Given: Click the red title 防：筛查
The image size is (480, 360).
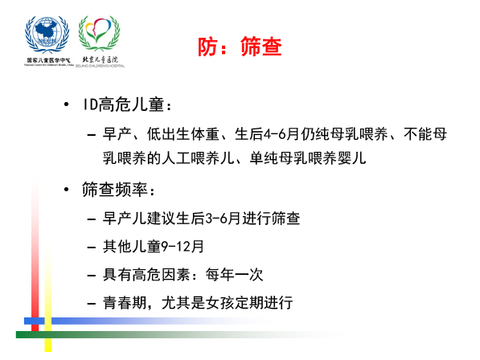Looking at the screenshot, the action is coord(240,47).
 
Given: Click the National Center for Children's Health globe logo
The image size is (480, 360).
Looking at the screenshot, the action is coord(47,35).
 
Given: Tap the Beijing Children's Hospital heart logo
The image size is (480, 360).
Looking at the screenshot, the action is coord(99,33).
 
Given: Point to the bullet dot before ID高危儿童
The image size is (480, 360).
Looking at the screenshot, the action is coord(66,104).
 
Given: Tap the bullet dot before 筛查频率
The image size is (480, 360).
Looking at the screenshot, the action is coord(66,190).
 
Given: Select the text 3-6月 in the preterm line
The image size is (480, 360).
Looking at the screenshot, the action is coord(222,219).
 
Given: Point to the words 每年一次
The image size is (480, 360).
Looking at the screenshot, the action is coord(235,274).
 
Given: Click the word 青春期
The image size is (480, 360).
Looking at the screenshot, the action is coord(125,302).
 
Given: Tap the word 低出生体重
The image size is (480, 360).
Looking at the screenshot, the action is coord(183,134).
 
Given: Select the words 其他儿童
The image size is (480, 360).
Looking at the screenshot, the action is coord(132,247).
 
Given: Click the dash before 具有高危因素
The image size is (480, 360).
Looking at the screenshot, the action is coord(92,276).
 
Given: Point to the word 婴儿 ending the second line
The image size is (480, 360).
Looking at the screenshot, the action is coord(351,158).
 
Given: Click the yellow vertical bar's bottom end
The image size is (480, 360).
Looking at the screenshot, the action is coord(48,351).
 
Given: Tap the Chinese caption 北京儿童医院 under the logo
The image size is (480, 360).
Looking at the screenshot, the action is coord(101,59).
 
